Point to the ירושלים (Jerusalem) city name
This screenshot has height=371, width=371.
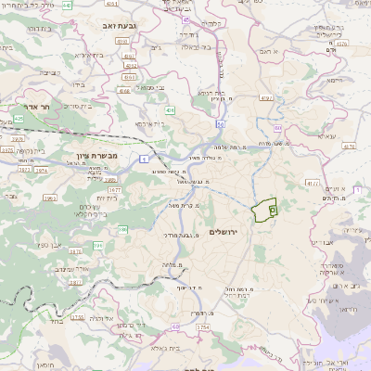(x=224, y=231)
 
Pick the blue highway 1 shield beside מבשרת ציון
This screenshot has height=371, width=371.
(x=145, y=160)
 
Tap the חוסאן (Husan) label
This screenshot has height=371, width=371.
(x=46, y=365)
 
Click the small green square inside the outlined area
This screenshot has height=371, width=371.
(x=272, y=211)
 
